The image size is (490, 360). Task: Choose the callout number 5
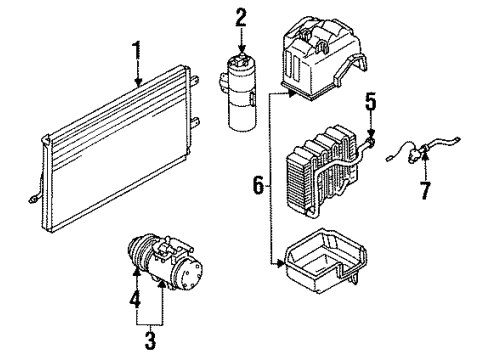(x=369, y=100)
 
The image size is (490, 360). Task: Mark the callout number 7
(x=425, y=190)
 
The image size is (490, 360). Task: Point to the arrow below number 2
(x=241, y=42)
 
